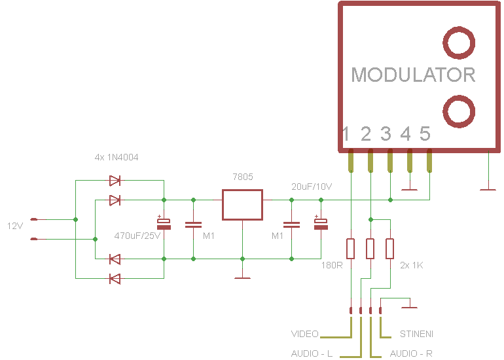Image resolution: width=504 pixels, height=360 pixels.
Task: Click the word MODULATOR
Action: pyautogui.click(x=413, y=75)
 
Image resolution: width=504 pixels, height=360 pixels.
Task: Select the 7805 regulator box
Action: pyautogui.click(x=242, y=205)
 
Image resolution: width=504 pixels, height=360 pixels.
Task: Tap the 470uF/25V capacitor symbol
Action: pyautogui.click(x=164, y=223)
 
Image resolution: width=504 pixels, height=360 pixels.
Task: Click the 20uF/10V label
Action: pyautogui.click(x=312, y=187)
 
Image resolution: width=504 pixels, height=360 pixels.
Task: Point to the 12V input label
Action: pyautogui.click(x=14, y=226)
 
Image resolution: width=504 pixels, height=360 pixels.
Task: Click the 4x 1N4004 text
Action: pyautogui.click(x=117, y=158)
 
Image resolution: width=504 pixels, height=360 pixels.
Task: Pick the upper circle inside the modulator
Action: pyautogui.click(x=459, y=43)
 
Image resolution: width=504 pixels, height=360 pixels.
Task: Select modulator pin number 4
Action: pyautogui.click(x=406, y=135)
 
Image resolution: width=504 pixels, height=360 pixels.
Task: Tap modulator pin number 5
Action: pyautogui.click(x=425, y=135)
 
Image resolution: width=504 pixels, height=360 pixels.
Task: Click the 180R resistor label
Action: pyautogui.click(x=332, y=266)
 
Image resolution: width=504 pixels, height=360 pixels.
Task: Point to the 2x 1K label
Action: pyautogui.click(x=410, y=266)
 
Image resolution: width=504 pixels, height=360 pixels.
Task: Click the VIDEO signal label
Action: pyautogui.click(x=304, y=334)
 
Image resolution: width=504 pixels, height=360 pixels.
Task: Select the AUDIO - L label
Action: pyautogui.click(x=312, y=353)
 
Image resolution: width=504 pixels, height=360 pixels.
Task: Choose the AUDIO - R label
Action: pyautogui.click(x=411, y=353)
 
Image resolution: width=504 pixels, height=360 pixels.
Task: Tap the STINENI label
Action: pyautogui.click(x=416, y=334)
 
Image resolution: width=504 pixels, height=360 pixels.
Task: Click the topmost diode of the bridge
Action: pyautogui.click(x=115, y=180)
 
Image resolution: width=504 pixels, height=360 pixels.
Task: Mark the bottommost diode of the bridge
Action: pyautogui.click(x=115, y=279)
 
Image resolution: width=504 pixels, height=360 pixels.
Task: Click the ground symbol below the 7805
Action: pyautogui.click(x=242, y=278)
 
